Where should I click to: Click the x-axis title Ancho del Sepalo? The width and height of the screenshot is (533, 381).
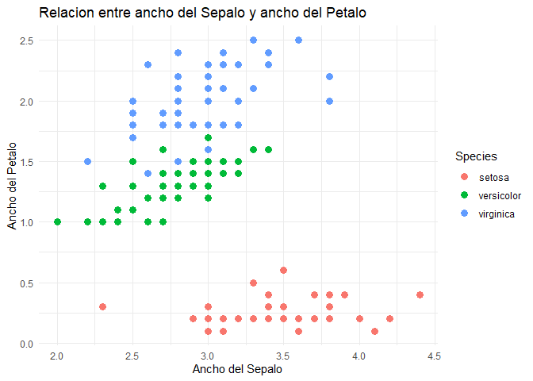point(238,368)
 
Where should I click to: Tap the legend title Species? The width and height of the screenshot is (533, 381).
point(470,156)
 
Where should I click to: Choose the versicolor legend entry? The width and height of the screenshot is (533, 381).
point(499,195)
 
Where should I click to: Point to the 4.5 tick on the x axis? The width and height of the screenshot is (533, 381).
point(435,354)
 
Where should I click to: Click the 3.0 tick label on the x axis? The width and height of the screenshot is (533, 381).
point(208,354)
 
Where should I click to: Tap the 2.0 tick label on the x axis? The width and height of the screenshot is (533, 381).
point(57,354)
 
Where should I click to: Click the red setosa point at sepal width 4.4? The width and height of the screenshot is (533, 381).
point(420,295)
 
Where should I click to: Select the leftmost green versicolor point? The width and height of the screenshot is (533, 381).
point(57,222)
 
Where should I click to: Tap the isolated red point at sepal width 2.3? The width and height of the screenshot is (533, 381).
point(102,307)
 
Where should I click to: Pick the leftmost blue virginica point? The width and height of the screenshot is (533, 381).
point(87,162)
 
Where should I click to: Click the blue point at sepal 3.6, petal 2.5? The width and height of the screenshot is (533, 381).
point(299,40)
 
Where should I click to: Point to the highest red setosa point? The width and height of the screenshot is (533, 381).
point(283,271)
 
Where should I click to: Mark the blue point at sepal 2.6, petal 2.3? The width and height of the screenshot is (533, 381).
point(148,64)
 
